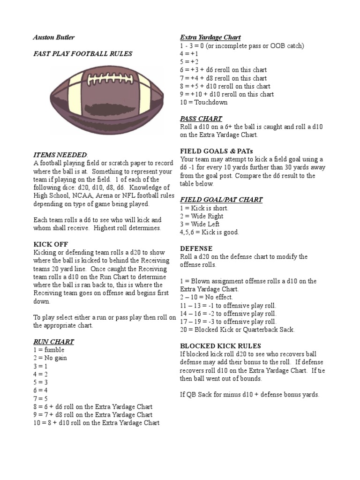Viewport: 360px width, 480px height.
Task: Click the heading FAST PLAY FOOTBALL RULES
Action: tap(82, 54)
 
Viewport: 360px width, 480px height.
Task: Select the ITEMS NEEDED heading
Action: tap(60, 155)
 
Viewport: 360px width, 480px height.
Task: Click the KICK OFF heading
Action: tap(51, 244)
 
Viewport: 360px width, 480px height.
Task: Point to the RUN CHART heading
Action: tap(53, 342)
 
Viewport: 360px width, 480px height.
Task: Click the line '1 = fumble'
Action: tap(49, 350)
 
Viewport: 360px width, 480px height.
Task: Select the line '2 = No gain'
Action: tap(50, 358)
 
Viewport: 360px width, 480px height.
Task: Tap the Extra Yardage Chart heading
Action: tap(210, 37)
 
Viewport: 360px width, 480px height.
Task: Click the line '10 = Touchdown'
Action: tap(204, 102)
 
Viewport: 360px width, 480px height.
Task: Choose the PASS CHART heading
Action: tap(201, 119)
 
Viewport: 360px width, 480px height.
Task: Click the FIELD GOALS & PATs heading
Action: tap(216, 151)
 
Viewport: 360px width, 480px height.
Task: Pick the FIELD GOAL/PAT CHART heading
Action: tap(221, 200)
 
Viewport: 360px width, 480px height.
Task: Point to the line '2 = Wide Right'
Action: tap(202, 216)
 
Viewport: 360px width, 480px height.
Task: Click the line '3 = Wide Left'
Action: tap(200, 224)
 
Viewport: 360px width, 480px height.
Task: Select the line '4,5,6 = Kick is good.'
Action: tap(210, 232)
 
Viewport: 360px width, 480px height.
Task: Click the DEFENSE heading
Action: tap(196, 248)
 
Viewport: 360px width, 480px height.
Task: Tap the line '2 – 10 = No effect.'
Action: tap(206, 297)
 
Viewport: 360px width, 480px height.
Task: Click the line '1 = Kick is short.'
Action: tap(204, 208)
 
